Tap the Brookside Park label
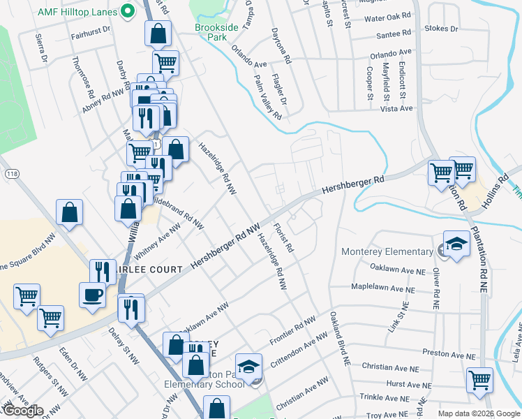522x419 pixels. (216, 31)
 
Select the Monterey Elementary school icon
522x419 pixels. (456, 244)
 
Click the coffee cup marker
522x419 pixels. (93, 295)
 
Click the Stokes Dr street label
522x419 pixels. (444, 29)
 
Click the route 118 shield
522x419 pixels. (12, 173)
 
